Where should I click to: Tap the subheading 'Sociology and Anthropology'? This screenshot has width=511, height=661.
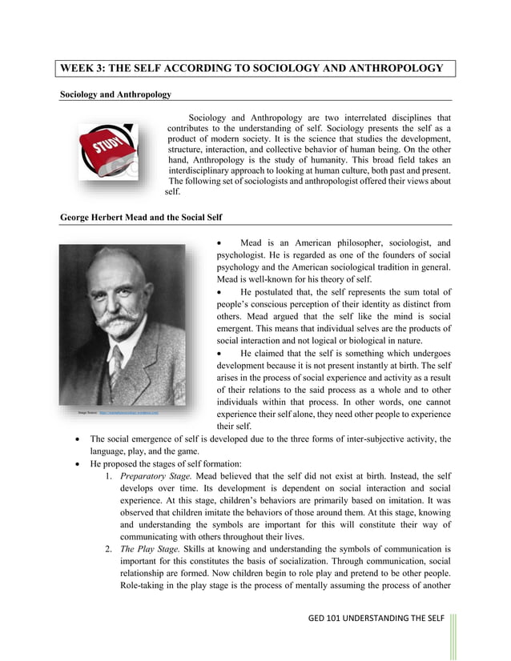115,94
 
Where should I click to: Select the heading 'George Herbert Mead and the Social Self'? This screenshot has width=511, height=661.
141,218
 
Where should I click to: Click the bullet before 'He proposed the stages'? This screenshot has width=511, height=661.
75,463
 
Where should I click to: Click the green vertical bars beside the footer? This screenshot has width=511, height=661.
453,636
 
